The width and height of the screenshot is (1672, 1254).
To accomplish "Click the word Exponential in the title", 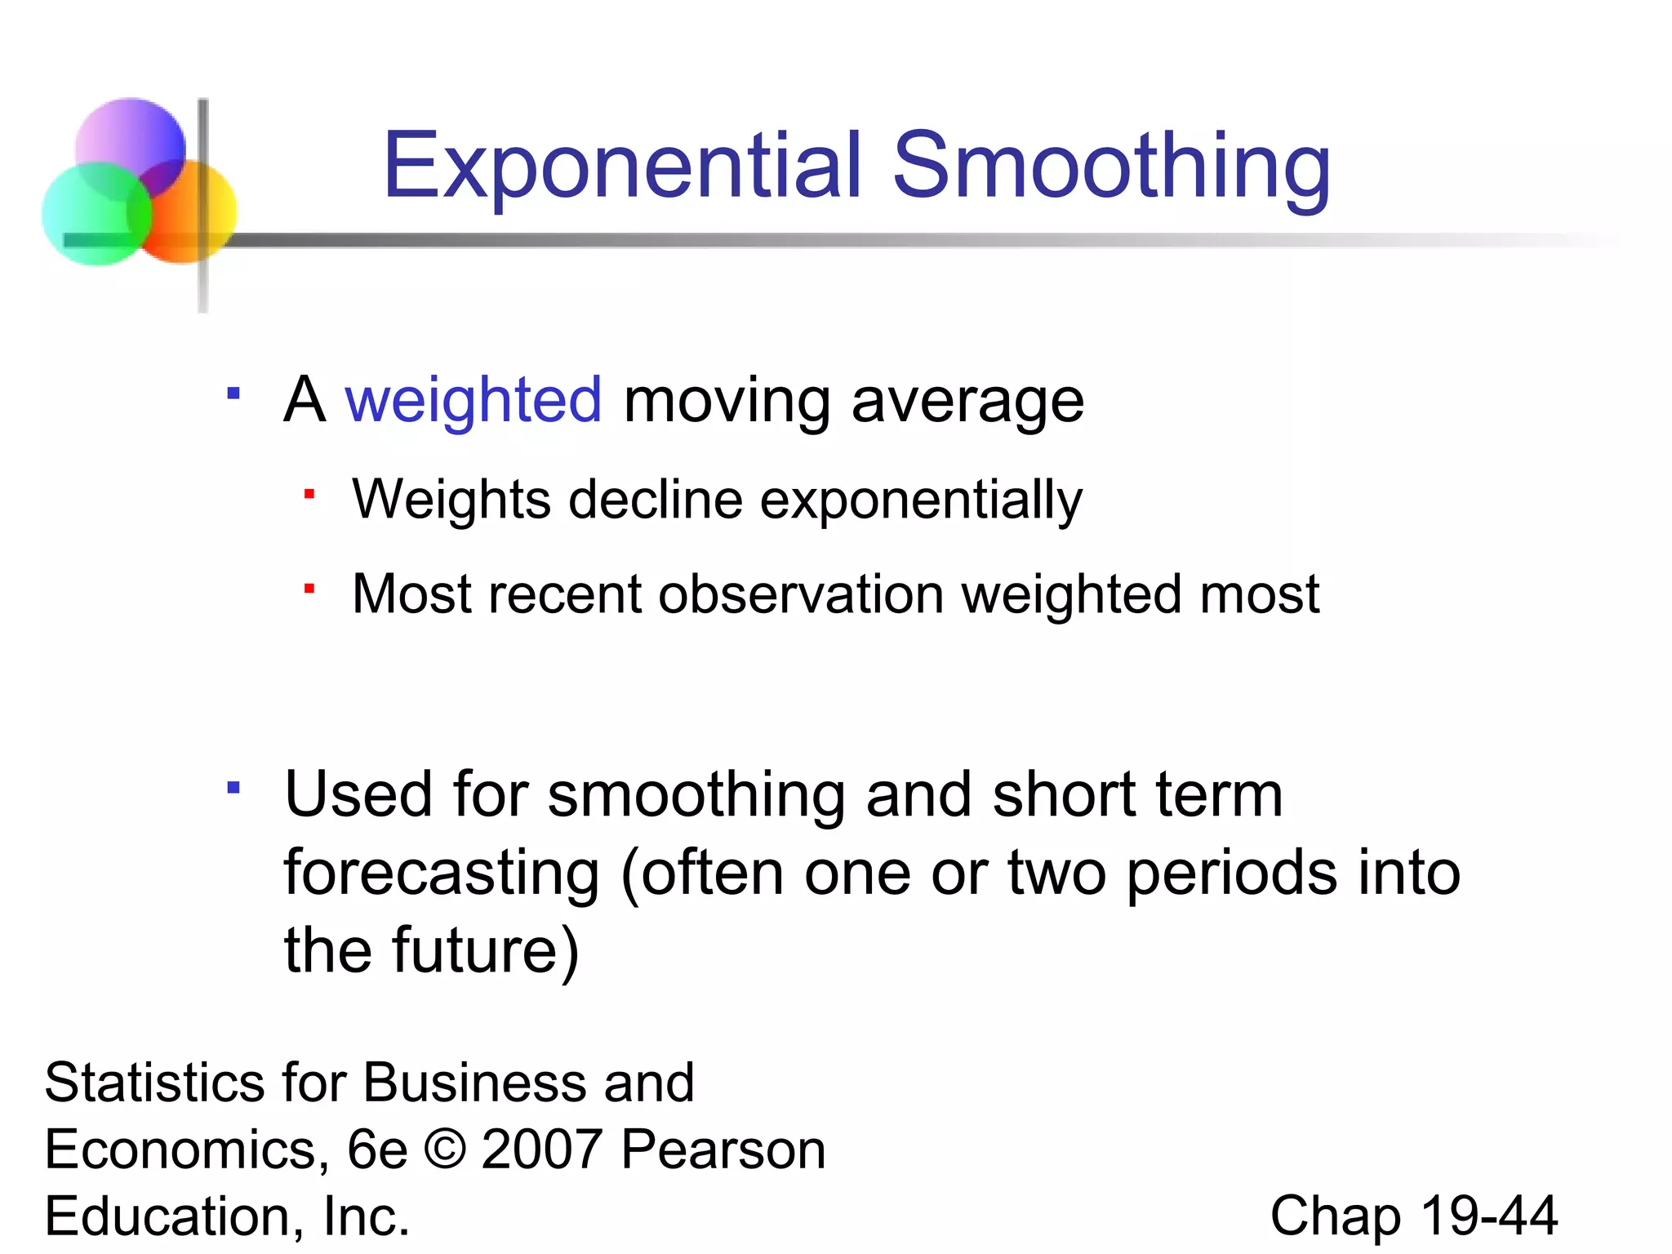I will tap(622, 167).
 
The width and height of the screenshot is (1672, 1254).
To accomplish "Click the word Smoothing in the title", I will tap(1111, 167).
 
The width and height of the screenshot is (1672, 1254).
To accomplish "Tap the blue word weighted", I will tap(474, 401).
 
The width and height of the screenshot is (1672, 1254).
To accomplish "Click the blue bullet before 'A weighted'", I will tap(233, 394).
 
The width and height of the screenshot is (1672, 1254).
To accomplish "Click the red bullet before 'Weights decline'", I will tap(309, 494).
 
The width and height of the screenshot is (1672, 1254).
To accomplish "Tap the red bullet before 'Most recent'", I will tap(309, 588).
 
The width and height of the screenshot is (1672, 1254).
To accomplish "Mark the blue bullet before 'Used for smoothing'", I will tap(233, 788).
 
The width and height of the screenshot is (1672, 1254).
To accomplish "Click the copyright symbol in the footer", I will tap(445, 1149).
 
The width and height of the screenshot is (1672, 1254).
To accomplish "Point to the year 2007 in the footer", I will tap(542, 1149).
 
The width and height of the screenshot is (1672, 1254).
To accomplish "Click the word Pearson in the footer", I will tap(723, 1149).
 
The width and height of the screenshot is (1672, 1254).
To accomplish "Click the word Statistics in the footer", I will tap(154, 1083).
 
